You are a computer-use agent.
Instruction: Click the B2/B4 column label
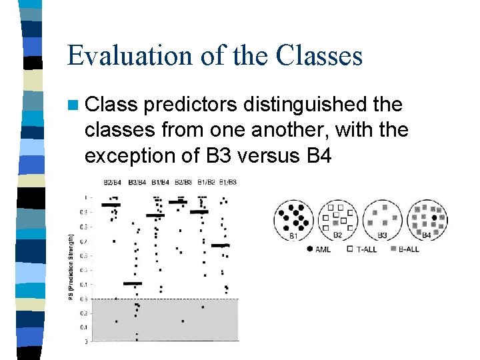click(112, 182)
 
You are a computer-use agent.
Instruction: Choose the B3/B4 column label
click(136, 182)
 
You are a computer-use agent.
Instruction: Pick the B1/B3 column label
click(227, 182)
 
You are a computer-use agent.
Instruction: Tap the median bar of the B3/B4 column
click(133, 283)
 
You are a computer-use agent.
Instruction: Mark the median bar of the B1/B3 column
click(221, 245)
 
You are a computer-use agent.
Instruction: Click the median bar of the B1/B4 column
click(155, 215)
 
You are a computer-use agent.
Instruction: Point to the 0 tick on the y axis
click(85, 341)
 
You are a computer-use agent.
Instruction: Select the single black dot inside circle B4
click(435, 217)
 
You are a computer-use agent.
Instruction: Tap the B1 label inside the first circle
click(293, 235)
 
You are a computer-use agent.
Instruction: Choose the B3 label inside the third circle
click(382, 235)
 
